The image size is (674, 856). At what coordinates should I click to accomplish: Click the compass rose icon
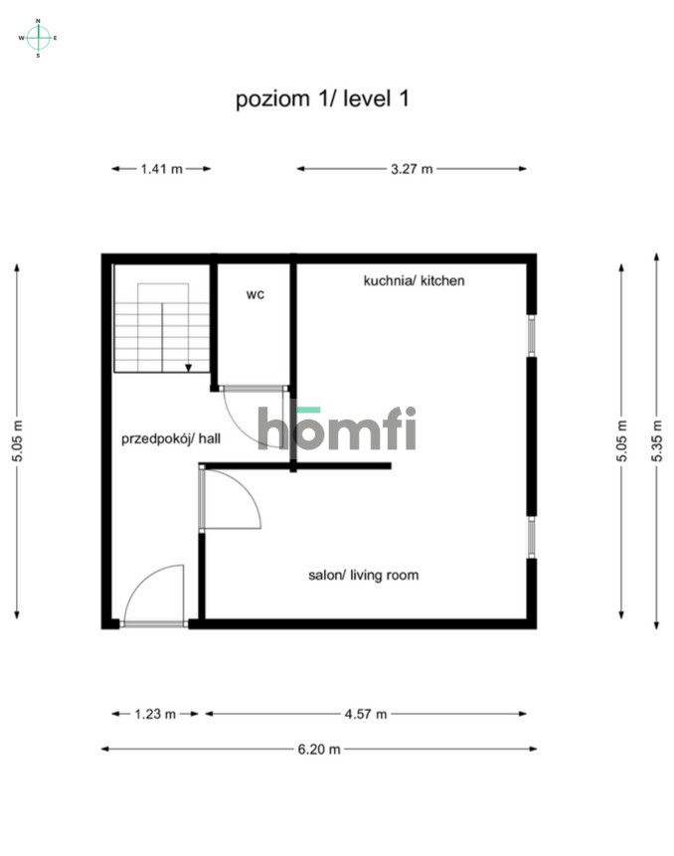38,38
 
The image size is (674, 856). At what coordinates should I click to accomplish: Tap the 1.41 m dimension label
161,169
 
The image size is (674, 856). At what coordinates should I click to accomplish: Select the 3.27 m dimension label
412,169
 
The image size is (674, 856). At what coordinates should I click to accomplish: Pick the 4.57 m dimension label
365,713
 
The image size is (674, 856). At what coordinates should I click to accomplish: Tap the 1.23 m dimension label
156,713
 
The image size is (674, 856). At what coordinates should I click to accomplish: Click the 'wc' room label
255,294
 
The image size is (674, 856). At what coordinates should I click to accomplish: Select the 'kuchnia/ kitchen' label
414,281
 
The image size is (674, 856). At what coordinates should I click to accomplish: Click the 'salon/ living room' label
363,575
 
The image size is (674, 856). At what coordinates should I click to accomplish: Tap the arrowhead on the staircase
188,367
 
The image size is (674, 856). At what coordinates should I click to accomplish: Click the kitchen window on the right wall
532,334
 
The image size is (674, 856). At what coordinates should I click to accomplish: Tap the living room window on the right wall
532,537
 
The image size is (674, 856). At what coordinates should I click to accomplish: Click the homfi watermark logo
337,428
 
